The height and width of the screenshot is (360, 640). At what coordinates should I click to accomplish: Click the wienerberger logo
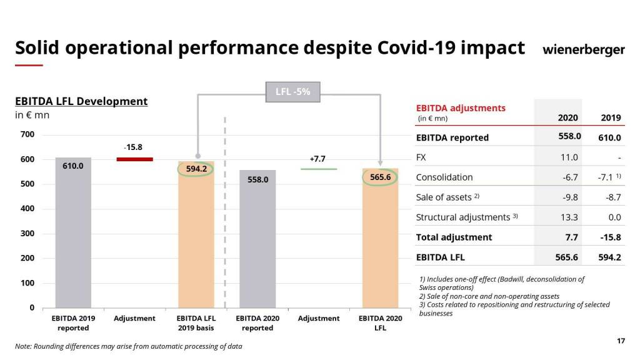[583, 49]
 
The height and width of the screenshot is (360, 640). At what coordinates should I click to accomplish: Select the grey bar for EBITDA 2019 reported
[73, 237]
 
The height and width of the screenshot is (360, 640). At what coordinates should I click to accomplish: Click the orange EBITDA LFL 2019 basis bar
[196, 244]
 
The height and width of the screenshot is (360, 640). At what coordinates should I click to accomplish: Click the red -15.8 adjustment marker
[134, 159]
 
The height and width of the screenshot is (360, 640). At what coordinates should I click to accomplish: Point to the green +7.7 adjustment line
[318, 169]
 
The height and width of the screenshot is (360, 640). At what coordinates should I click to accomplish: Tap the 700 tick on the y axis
[27, 134]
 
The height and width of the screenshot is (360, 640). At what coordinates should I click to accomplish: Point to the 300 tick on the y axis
[27, 234]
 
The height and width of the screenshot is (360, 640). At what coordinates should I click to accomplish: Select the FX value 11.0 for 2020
[570, 157]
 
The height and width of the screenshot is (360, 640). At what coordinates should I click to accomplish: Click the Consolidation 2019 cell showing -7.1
[607, 177]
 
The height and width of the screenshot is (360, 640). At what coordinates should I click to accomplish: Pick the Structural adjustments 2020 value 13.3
[570, 217]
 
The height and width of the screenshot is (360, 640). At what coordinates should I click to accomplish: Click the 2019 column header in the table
[611, 117]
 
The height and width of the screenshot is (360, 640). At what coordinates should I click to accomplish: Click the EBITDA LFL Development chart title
[81, 101]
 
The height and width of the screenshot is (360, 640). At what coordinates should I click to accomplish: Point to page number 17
[621, 341]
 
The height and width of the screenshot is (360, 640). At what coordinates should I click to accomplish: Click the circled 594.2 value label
[196, 169]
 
